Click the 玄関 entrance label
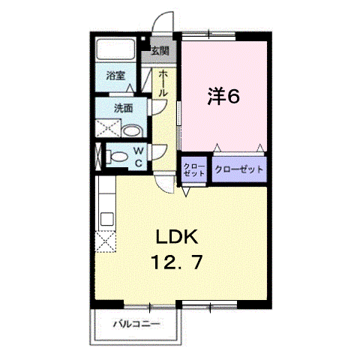160,51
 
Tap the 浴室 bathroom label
115,76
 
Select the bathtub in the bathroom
115,49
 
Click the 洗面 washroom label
123,108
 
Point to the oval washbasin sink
132,130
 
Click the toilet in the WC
117,157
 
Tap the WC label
139,157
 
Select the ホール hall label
163,83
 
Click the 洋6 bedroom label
223,96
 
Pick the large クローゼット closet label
239,169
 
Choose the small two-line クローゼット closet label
194,169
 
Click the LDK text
177,237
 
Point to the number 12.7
176,262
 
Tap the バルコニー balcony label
136,324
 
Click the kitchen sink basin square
107,219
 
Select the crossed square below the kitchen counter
106,241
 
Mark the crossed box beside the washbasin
108,128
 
